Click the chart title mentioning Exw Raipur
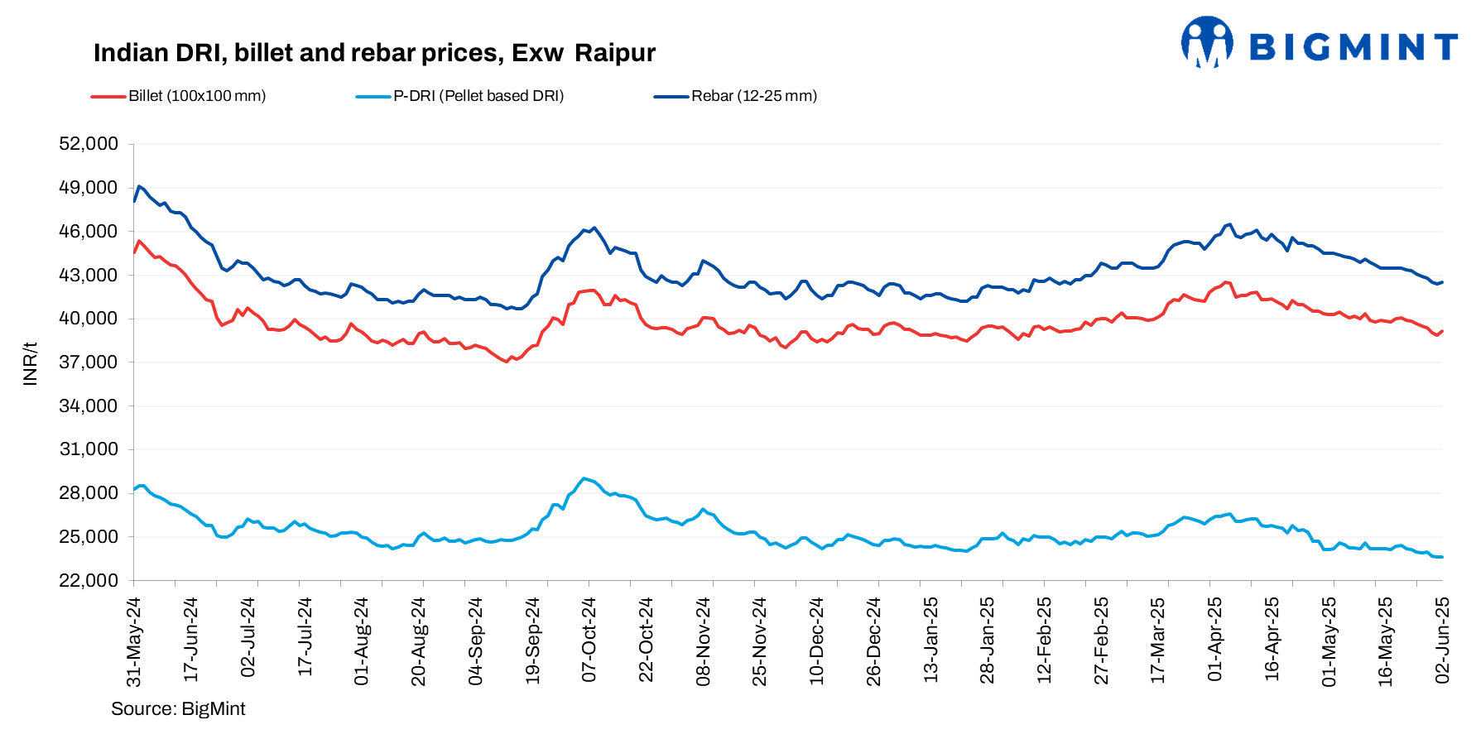(374, 53)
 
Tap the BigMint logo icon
(1206, 42)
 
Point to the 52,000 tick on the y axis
(89, 144)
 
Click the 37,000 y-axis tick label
(89, 362)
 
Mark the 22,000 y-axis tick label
(89, 581)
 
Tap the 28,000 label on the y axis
(89, 493)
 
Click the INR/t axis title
(31, 363)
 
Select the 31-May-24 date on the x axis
(134, 641)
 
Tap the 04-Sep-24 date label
(476, 641)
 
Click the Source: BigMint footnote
(178, 709)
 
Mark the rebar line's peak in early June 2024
(139, 186)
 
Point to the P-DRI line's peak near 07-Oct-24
(584, 478)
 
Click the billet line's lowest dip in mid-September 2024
(506, 362)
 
